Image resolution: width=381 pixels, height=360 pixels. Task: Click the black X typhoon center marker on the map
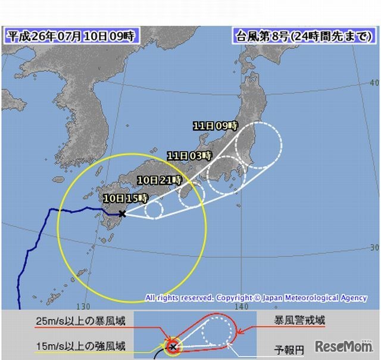pos(122,213)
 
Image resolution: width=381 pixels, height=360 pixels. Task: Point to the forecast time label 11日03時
pos(189,156)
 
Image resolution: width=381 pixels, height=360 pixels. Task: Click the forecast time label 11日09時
pos(215,126)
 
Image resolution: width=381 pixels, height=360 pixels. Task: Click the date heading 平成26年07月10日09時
pos(71,35)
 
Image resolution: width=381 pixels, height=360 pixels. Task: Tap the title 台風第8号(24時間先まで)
pos(303,35)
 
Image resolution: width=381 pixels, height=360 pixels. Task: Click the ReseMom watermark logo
pos(343,346)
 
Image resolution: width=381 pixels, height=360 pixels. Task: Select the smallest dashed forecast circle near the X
pos(154,209)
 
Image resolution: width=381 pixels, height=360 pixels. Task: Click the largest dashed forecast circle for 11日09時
pos(258,145)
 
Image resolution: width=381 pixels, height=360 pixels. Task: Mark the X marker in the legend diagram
pos(173,346)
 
